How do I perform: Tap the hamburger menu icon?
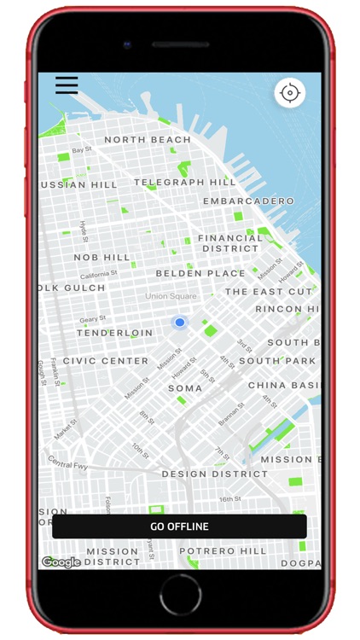click(x=67, y=85)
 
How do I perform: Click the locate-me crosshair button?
click(x=290, y=92)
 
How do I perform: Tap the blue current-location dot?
click(x=179, y=323)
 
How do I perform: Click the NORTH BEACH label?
click(x=148, y=139)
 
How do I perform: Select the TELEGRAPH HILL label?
click(x=185, y=182)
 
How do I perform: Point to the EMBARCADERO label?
click(x=248, y=201)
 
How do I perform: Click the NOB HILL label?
click(x=102, y=257)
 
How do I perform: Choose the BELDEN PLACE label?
click(x=200, y=274)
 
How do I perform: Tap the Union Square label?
click(x=171, y=296)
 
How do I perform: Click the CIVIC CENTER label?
click(x=106, y=361)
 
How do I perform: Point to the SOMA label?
click(x=185, y=388)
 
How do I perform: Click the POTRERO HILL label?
click(x=224, y=551)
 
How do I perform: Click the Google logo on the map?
click(x=61, y=561)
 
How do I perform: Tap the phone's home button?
click(x=179, y=595)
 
